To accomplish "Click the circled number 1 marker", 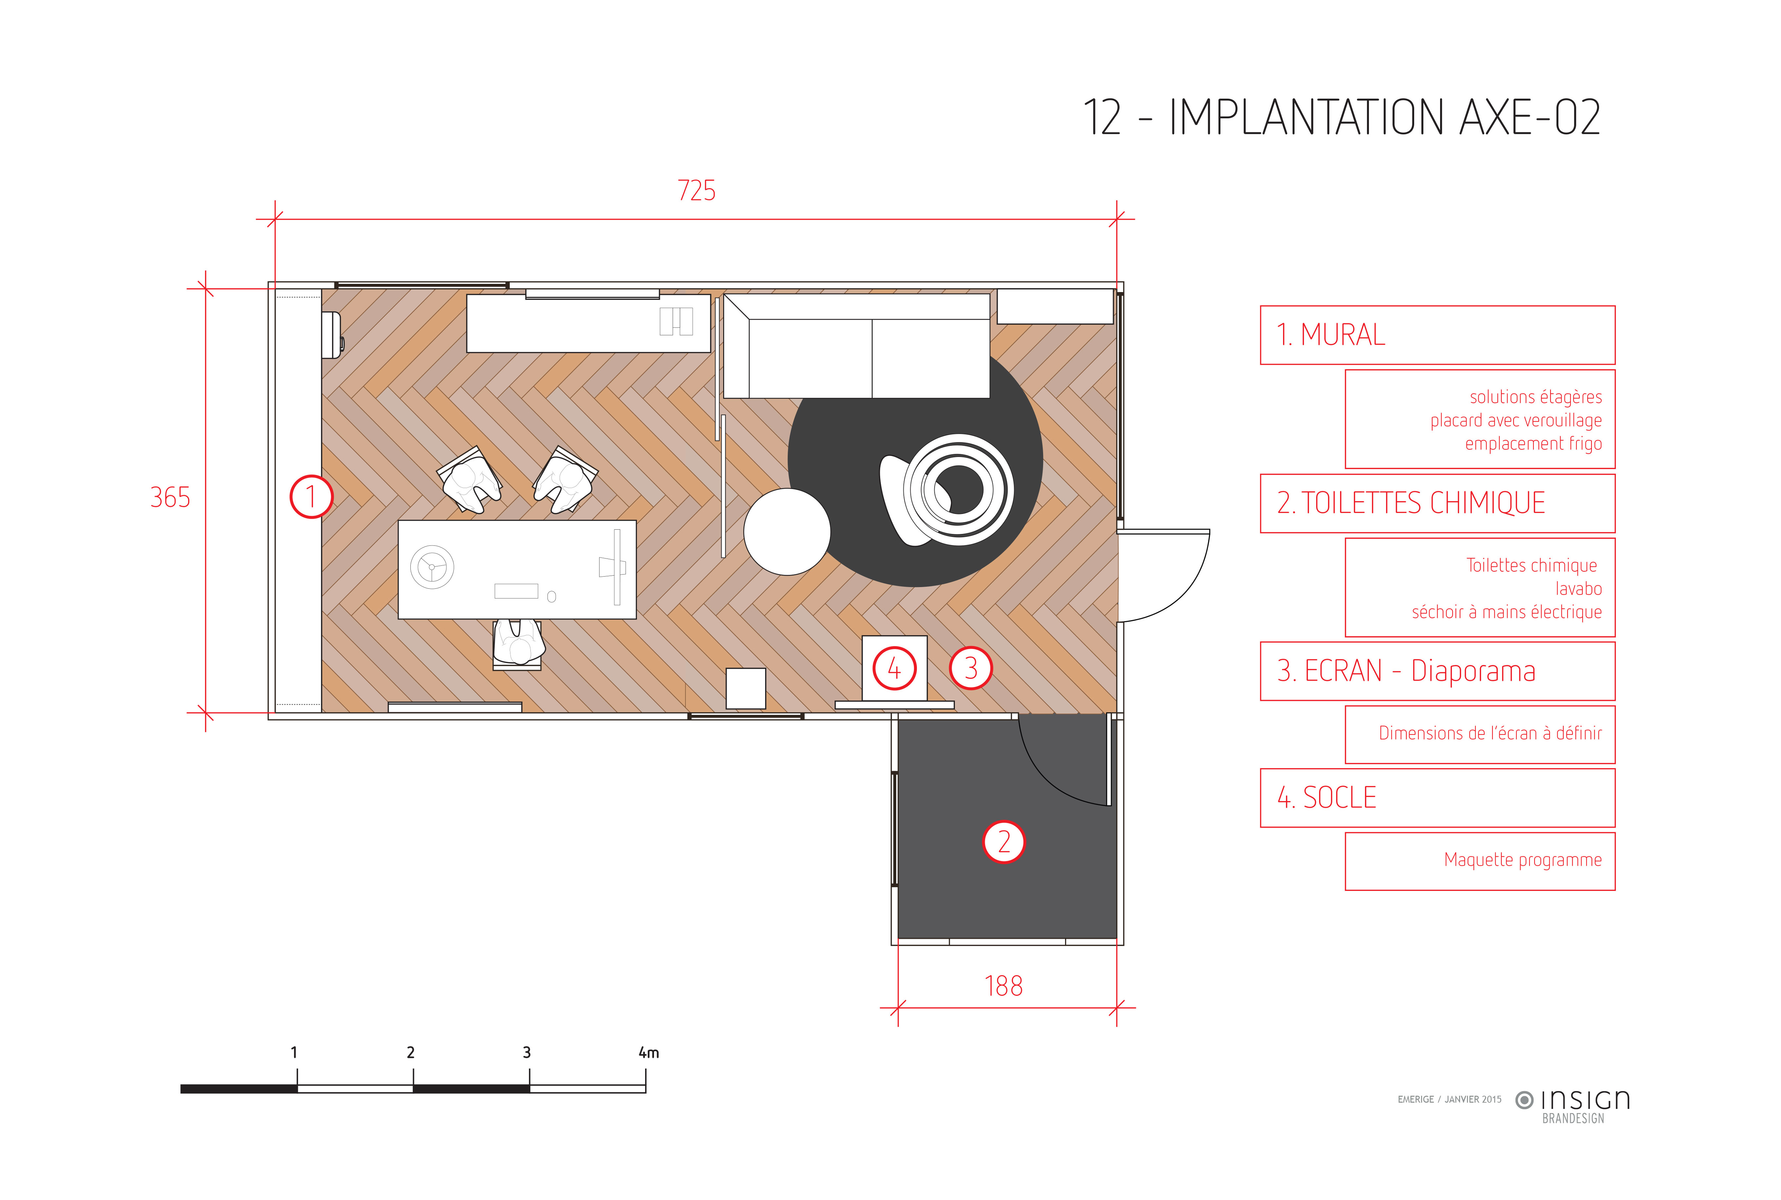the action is click(311, 497).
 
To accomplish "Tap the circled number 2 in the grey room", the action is click(1003, 842).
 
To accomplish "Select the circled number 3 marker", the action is click(971, 668).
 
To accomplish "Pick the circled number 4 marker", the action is click(894, 668).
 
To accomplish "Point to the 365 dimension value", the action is click(170, 498).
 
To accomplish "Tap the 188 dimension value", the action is click(1003, 986).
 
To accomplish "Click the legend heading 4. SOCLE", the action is click(1326, 798).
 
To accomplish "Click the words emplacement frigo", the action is click(1533, 444).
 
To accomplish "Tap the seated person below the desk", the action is click(518, 643).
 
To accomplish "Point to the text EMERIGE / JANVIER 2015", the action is click(1449, 1099).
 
